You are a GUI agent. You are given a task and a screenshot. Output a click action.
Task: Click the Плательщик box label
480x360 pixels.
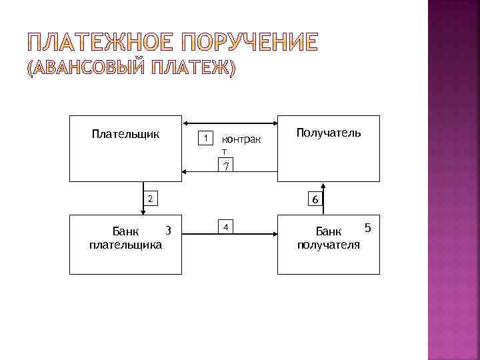click(x=125, y=134)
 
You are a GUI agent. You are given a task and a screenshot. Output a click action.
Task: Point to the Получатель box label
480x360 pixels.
click(x=329, y=133)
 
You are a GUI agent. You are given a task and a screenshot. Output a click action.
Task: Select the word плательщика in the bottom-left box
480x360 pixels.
click(x=125, y=245)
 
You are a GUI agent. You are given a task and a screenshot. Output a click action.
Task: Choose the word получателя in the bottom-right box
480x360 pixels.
click(x=329, y=245)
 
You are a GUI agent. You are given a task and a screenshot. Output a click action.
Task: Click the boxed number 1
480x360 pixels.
click(x=207, y=139)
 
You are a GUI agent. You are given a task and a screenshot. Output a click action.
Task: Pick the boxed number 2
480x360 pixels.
click(x=151, y=198)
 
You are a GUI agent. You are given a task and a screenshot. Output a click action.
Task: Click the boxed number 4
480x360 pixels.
click(x=226, y=227)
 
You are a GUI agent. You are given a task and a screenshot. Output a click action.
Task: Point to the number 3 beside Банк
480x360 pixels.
click(x=168, y=231)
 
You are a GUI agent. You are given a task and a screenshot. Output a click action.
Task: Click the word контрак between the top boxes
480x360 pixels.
click(x=241, y=141)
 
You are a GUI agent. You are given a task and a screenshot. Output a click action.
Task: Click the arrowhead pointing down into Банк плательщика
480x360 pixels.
click(x=143, y=211)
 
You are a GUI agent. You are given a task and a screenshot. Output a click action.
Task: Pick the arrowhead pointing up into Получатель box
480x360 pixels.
click(x=323, y=186)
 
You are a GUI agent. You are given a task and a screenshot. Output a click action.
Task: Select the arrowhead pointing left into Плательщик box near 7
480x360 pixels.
click(x=186, y=173)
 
